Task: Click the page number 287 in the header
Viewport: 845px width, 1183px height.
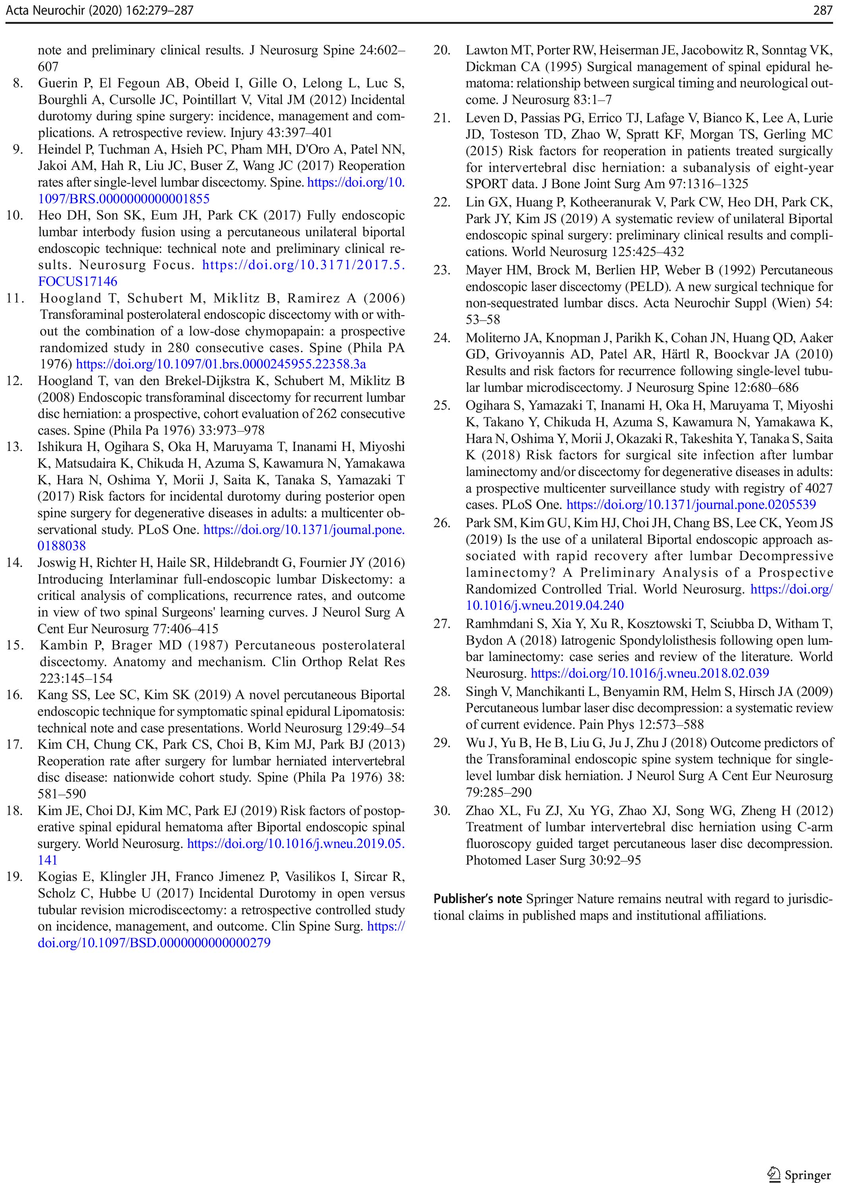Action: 823,10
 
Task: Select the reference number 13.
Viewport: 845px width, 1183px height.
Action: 15,447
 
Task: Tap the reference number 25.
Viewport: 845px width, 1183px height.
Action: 442,406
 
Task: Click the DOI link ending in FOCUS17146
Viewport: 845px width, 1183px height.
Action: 77,282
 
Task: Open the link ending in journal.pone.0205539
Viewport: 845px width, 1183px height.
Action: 691,505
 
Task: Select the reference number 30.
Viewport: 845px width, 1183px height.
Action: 442,811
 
